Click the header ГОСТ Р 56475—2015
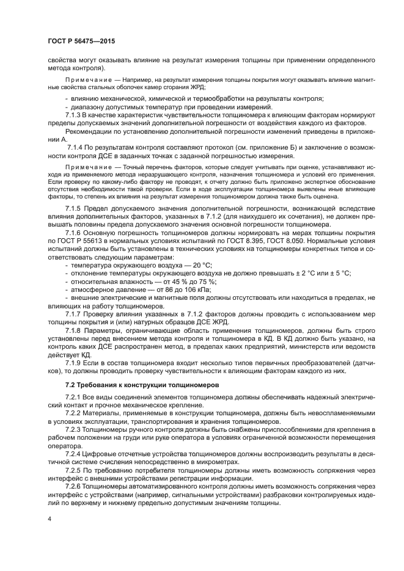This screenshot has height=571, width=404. point(81,42)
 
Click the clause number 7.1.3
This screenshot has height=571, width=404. point(75,115)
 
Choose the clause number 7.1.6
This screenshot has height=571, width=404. point(75,233)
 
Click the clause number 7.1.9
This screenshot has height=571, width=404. point(75,362)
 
